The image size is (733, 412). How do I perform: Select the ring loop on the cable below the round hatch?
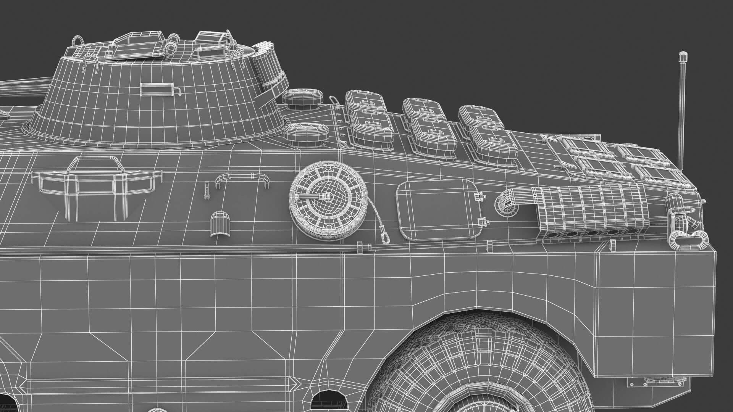click(386, 239)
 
